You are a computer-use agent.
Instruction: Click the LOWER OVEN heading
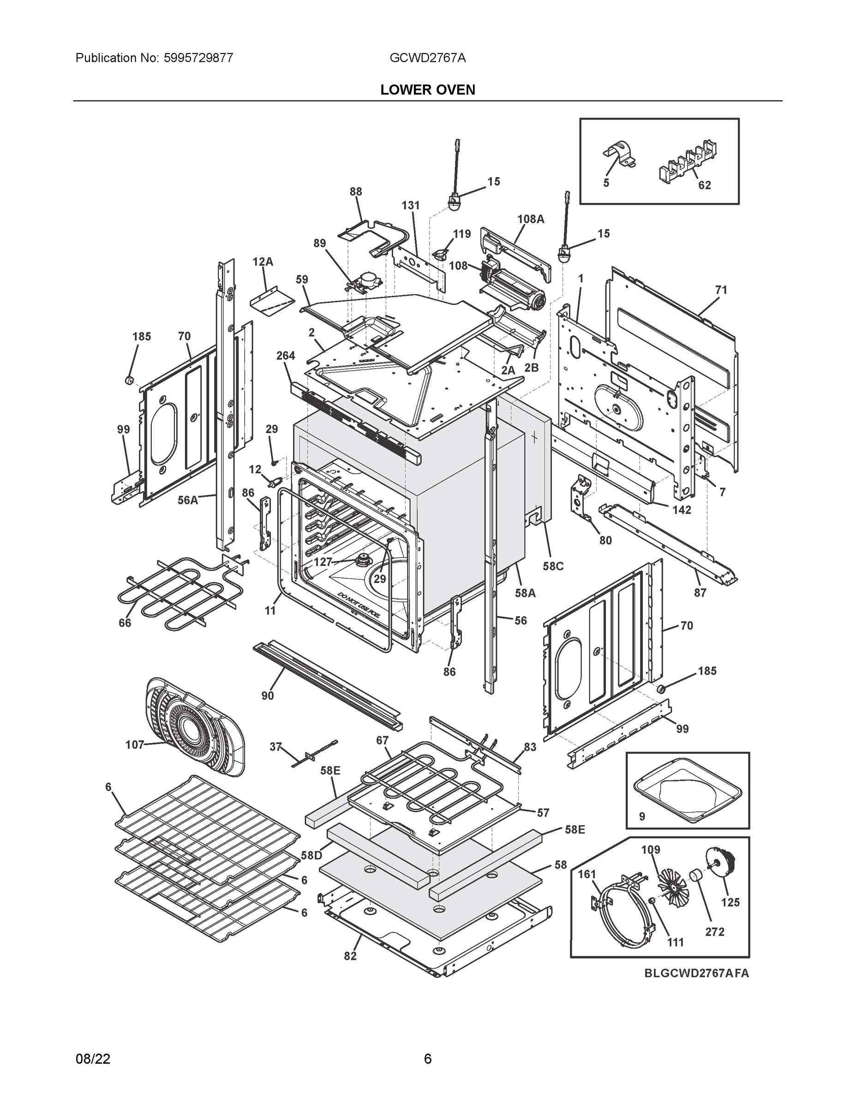(427, 90)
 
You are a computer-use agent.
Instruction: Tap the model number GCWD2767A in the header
(427, 58)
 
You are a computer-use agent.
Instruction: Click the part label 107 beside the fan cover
(134, 744)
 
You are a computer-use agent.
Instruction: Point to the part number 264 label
(286, 356)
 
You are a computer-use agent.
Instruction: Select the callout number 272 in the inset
(714, 932)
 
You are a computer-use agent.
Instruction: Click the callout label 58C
(553, 566)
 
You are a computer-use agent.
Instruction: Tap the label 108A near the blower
(530, 219)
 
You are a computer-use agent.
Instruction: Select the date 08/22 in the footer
(93, 1059)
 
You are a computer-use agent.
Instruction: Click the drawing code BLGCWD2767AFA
(696, 973)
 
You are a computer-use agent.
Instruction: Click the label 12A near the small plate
(263, 262)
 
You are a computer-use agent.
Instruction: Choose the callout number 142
(682, 509)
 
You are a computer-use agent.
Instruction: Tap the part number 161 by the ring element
(587, 875)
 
